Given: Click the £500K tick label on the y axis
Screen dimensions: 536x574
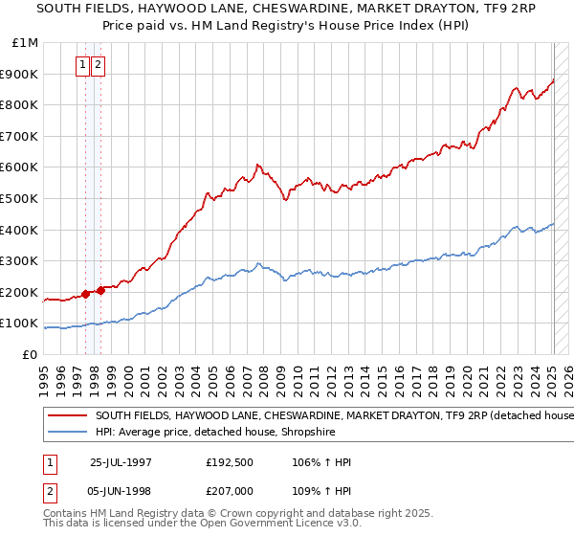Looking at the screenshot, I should [x=19, y=198].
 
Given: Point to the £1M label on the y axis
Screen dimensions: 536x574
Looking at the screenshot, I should [x=25, y=42].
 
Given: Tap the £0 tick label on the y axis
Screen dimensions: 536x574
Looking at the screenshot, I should [x=29, y=354].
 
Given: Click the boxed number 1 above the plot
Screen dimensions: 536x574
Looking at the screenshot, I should [x=82, y=65].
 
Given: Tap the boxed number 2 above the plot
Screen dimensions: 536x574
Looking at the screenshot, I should [x=98, y=65].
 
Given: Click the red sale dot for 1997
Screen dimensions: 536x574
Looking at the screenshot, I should [x=86, y=294].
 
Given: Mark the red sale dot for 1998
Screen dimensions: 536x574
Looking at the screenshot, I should [x=100, y=289].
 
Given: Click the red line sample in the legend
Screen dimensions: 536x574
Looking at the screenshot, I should [x=67, y=416].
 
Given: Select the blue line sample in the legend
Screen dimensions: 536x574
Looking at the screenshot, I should [x=67, y=432].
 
